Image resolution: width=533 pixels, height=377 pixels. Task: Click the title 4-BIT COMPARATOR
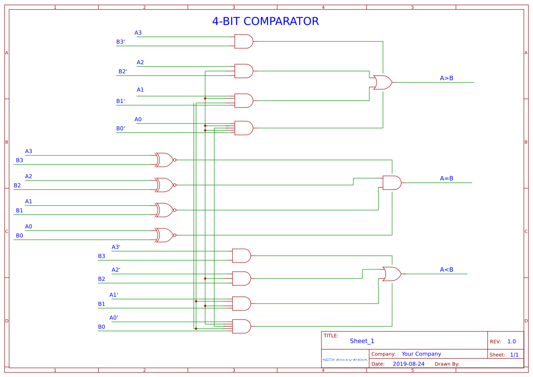265,21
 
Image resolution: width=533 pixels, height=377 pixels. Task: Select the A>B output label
446,78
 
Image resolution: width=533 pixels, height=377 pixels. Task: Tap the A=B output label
446,178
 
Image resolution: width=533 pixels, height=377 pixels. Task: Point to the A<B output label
446,269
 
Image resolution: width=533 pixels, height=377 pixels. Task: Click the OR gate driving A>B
382,83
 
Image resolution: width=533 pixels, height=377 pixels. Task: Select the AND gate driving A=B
392,183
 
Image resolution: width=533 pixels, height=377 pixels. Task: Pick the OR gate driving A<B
392,274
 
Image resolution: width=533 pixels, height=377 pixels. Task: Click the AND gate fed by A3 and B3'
243,41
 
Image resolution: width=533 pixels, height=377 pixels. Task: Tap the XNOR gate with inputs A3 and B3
165,160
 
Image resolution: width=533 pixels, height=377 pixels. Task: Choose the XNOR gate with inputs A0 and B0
165,235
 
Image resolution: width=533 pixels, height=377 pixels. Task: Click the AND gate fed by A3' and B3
241,256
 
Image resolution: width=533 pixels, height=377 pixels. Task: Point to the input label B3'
120,42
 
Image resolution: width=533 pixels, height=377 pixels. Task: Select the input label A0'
114,318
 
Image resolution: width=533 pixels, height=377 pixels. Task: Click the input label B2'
123,72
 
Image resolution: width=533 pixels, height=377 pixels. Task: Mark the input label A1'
114,295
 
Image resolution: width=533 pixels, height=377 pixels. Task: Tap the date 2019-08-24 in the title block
408,364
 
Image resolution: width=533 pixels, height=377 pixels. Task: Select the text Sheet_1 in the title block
362,341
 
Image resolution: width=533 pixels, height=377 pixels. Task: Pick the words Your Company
421,354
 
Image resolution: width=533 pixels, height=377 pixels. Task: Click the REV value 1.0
512,341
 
